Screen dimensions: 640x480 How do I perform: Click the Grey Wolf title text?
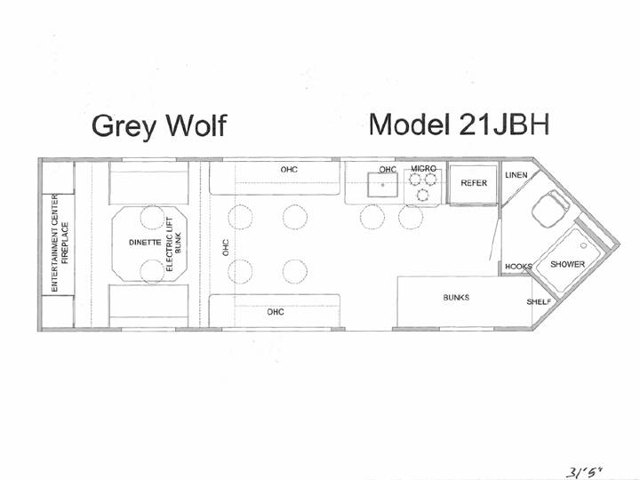tap(159, 125)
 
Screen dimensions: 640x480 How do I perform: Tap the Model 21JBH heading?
tap(459, 124)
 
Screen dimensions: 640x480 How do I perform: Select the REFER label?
tap(474, 183)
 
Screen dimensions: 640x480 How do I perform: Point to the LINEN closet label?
tap(516, 175)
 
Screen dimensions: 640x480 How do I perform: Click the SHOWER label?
tap(567, 264)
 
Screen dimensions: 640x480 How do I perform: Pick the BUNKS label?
tap(456, 298)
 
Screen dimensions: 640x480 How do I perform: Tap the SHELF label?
tap(539, 302)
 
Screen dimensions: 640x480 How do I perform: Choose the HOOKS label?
tap(518, 267)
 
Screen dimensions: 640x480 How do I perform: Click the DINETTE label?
tap(145, 243)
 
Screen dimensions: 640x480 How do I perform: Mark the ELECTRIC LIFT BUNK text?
tap(173, 244)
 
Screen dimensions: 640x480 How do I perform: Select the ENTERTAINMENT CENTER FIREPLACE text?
tap(60, 243)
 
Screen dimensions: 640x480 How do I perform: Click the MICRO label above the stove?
tap(423, 169)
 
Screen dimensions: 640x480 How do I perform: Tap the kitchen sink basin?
tap(382, 185)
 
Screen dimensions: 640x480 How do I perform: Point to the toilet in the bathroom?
tap(550, 210)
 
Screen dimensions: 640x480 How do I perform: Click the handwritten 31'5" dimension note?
tap(584, 473)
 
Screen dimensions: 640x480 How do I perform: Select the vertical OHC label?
tap(225, 247)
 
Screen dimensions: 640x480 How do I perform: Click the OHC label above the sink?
tap(388, 169)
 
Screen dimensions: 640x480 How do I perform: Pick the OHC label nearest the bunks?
tap(276, 312)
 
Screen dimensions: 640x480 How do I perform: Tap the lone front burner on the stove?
tap(423, 195)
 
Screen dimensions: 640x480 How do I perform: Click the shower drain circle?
tap(584, 245)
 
